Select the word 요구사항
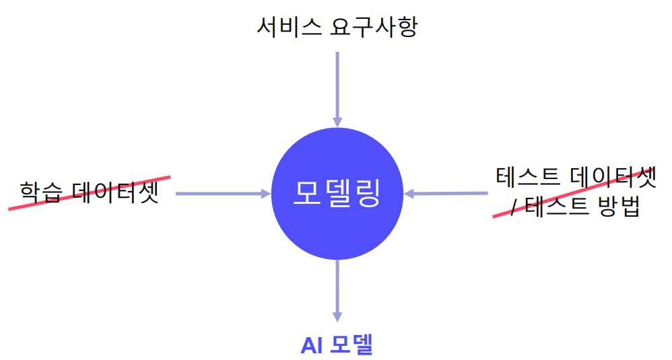tap(374, 27)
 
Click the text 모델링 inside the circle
tap(337, 194)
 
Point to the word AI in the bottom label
tap(312, 345)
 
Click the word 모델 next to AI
tap(352, 345)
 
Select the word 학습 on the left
tap(40, 193)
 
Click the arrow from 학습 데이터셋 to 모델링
tap(219, 194)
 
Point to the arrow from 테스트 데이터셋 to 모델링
tap(448, 194)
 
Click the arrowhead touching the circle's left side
tap(265, 194)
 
